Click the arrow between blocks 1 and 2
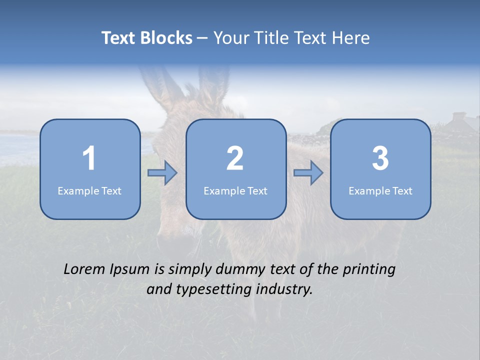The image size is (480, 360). click(162, 173)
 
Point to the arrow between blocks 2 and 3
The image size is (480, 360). click(308, 173)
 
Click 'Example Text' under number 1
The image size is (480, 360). click(89, 191)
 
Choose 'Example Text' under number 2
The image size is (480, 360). click(235, 191)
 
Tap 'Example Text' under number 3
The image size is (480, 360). click(380, 191)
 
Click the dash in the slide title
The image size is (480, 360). click(203, 38)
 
